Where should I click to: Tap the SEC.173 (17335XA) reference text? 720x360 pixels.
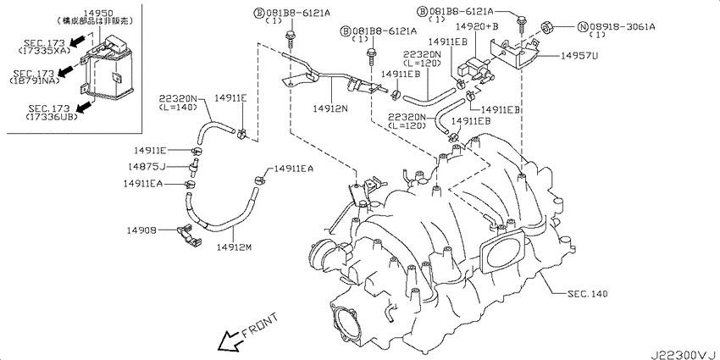tap(46, 47)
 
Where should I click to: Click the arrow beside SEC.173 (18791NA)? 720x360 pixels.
tap(67, 69)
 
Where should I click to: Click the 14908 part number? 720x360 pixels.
tap(143, 230)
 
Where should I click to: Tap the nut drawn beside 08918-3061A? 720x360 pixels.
tap(547, 26)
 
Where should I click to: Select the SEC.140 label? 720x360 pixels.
tap(587, 293)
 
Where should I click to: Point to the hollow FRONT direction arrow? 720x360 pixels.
tap(230, 341)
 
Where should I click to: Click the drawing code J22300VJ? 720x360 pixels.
tap(683, 355)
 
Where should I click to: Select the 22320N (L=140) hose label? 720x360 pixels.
tap(178, 102)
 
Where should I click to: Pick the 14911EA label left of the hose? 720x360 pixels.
tap(142, 184)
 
